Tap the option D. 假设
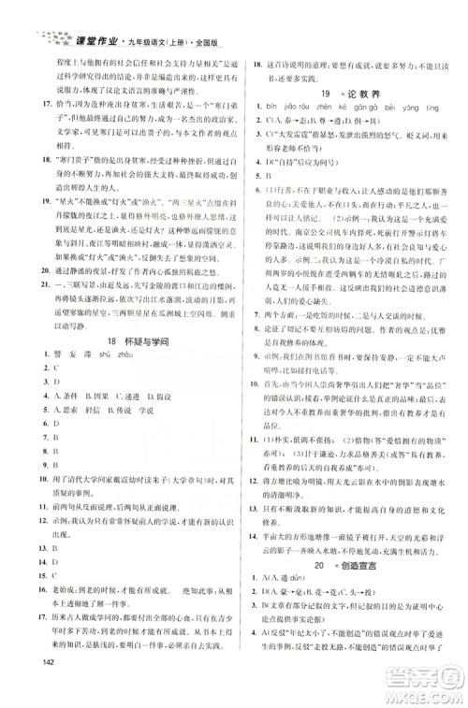pyautogui.click(x=182, y=421)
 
